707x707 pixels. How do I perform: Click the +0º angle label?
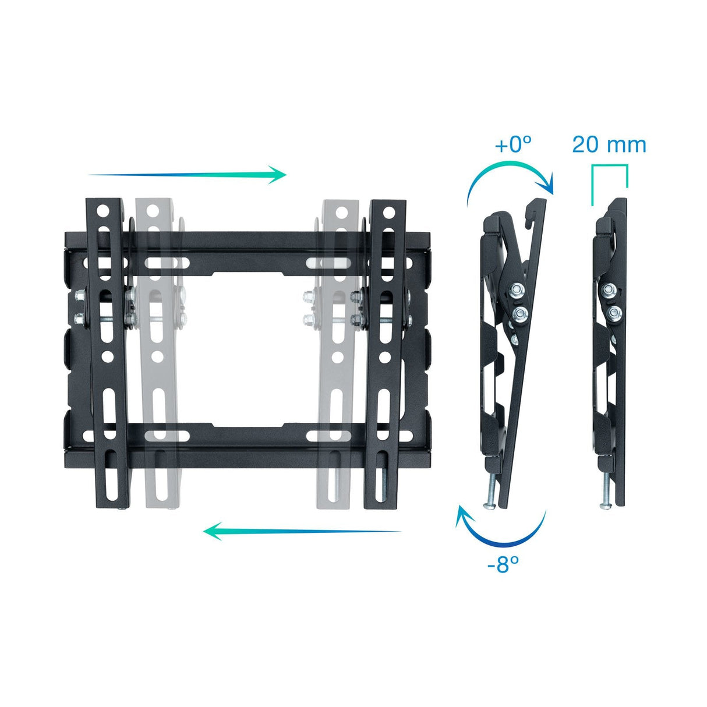tap(513, 144)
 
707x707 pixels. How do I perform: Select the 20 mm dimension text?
tap(609, 144)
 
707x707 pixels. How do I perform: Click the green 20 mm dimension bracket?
tap(609, 167)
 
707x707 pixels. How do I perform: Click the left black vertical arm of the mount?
tap(108, 349)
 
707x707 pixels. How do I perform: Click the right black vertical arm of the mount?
tap(387, 349)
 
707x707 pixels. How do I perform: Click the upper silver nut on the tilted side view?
tap(515, 289)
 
